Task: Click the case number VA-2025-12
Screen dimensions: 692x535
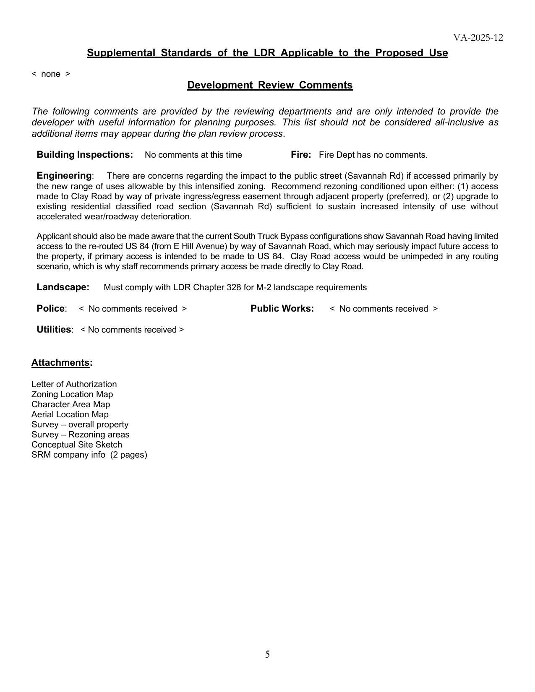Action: (x=478, y=38)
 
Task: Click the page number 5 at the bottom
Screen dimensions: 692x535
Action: (x=267, y=654)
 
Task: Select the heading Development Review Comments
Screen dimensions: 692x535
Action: (x=270, y=85)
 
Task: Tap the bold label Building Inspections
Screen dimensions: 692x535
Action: (x=85, y=155)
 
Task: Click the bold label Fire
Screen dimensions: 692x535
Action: (x=300, y=155)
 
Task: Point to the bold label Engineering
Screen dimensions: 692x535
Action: (x=64, y=176)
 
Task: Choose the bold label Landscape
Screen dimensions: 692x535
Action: (x=63, y=287)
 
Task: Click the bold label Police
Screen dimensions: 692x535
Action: (x=51, y=309)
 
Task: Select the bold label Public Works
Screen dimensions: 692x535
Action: (x=282, y=309)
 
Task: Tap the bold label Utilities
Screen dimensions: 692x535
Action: (x=54, y=330)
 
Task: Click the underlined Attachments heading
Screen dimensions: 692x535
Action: (x=61, y=363)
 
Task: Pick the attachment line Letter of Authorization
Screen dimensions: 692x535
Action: (x=74, y=384)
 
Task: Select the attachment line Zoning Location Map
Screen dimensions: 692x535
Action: (x=72, y=394)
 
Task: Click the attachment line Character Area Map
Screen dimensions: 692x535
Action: (x=70, y=404)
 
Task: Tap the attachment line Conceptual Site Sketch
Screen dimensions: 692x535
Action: (x=77, y=445)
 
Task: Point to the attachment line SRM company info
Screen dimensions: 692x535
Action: (x=89, y=455)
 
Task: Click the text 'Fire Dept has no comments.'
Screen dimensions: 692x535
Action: (x=373, y=155)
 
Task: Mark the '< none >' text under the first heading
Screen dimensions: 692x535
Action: (x=51, y=74)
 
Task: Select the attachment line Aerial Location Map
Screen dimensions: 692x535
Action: (x=70, y=414)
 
